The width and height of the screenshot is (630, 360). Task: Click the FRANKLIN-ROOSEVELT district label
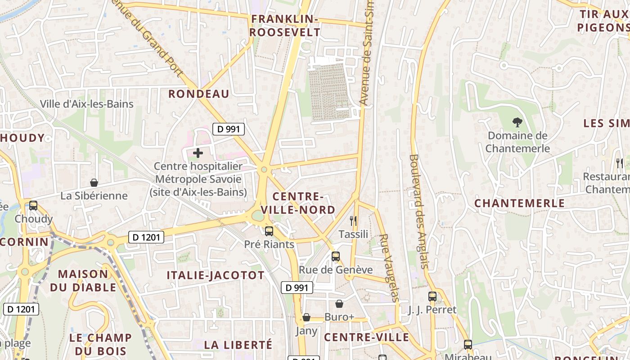[285, 26]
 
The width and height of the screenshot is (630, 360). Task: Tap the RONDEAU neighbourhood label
[199, 94]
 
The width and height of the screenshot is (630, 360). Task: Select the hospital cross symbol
[198, 153]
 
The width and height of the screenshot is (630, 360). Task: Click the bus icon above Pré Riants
[269, 231]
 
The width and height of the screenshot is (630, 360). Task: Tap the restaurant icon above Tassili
[353, 220]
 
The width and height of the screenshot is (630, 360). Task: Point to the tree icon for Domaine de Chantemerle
[517, 121]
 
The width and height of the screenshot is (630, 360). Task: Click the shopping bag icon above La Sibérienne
[94, 183]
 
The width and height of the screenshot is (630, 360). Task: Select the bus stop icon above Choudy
[33, 206]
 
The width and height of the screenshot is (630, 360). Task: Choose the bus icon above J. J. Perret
[432, 296]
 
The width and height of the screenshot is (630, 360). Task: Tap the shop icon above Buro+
[339, 304]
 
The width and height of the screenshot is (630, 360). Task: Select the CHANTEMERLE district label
[520, 203]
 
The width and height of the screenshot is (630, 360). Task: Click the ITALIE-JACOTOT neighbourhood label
[216, 275]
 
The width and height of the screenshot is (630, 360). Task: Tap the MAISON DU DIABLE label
[83, 280]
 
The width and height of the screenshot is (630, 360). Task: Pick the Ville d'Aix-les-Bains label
[87, 104]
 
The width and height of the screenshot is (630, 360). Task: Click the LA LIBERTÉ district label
[238, 345]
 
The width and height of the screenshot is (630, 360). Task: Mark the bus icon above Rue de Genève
[336, 256]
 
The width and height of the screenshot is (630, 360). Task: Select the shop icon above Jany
[306, 318]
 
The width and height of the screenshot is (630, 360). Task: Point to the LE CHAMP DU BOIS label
[100, 344]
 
